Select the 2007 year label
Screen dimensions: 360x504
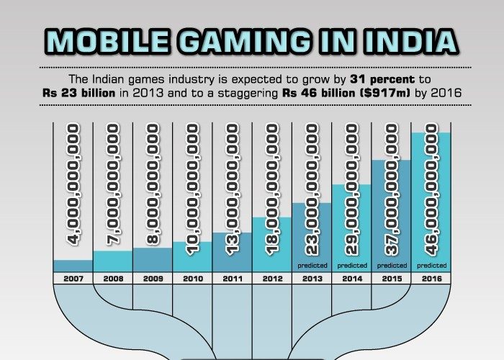pyautogui.click(x=73, y=277)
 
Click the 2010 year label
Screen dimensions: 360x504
pyautogui.click(x=192, y=277)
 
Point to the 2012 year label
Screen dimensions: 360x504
pyautogui.click(x=271, y=277)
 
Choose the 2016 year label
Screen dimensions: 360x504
pyautogui.click(x=431, y=277)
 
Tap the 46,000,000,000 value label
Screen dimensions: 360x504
pyautogui.click(x=431, y=189)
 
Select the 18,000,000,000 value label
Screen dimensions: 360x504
pyautogui.click(x=271, y=189)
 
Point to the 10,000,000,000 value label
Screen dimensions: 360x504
pyautogui.click(x=192, y=189)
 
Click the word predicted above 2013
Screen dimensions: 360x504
pyautogui.click(x=312, y=265)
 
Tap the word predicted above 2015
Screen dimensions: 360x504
pyautogui.click(x=391, y=265)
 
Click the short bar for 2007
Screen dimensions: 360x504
pyautogui.click(x=73, y=266)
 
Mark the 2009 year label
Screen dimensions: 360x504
pyautogui.click(x=153, y=277)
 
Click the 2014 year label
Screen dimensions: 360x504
pyautogui.click(x=351, y=277)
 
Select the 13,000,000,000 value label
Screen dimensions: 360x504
pyautogui.click(x=232, y=189)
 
